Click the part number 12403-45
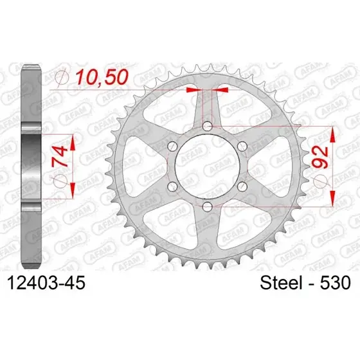click(46, 283)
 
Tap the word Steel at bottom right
click(281, 283)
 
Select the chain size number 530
click(336, 283)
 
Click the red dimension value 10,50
click(102, 77)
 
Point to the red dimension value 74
click(60, 157)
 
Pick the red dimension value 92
click(320, 157)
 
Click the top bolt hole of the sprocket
click(208, 126)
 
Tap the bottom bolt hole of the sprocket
click(208, 206)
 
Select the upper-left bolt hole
click(173, 147)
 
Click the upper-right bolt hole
click(242, 147)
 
